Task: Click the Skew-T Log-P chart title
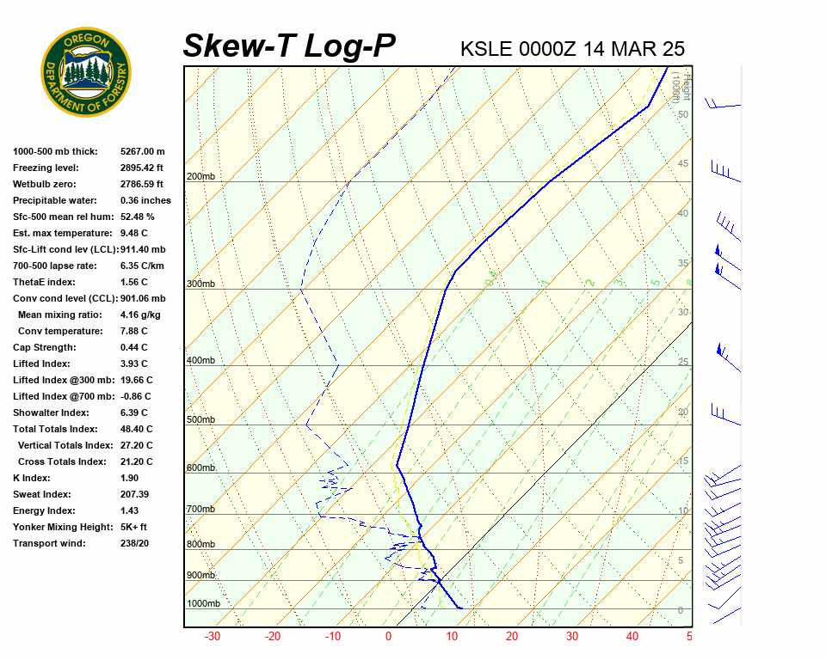pos(289,46)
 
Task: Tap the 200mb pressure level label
pos(200,177)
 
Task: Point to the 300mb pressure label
pos(200,284)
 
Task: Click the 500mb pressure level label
pos(200,420)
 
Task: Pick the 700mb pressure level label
pos(200,510)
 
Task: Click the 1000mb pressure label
pos(203,604)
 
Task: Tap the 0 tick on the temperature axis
pos(389,637)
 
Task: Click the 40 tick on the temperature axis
pos(632,637)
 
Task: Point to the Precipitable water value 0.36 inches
pos(145,200)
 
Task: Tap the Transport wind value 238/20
pos(134,543)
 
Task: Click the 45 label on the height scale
pos(683,164)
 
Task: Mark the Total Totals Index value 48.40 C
pos(136,429)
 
